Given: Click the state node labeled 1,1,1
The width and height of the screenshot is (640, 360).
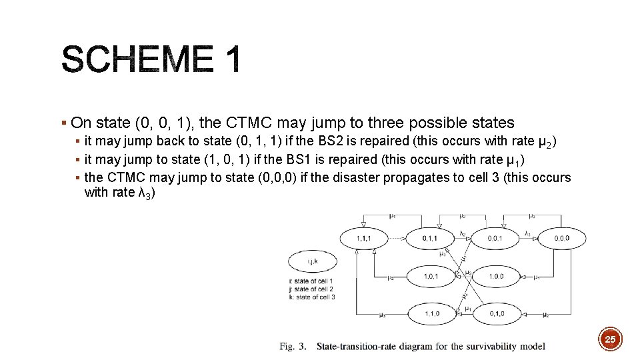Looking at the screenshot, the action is pos(364,238).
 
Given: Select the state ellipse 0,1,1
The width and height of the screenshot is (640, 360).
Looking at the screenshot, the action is pos(430,238).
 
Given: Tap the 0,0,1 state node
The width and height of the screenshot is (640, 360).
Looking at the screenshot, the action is pos(495,238).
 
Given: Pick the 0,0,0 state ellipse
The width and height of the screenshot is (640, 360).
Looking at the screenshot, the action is pos(561,238).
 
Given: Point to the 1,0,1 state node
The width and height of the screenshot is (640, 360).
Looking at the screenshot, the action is pos(430,275).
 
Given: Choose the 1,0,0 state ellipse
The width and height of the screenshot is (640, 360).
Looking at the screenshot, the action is pos(495,275).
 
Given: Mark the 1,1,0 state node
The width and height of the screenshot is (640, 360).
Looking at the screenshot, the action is pos(430,313).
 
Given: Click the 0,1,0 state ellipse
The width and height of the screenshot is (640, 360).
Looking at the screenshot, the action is pos(495,313).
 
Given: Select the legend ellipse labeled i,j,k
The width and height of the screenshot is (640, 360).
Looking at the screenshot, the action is pos(312,262).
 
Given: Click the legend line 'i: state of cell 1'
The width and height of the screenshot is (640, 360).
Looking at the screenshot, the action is pos(311,281).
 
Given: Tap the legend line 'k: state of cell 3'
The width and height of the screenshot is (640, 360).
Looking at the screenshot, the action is pos(311,297).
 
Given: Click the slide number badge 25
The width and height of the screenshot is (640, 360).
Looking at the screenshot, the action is pos(609,340).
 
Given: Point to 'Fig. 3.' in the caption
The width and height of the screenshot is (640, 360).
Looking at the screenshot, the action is pos(293,346).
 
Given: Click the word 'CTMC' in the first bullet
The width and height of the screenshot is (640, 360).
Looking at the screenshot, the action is pos(248,123).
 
